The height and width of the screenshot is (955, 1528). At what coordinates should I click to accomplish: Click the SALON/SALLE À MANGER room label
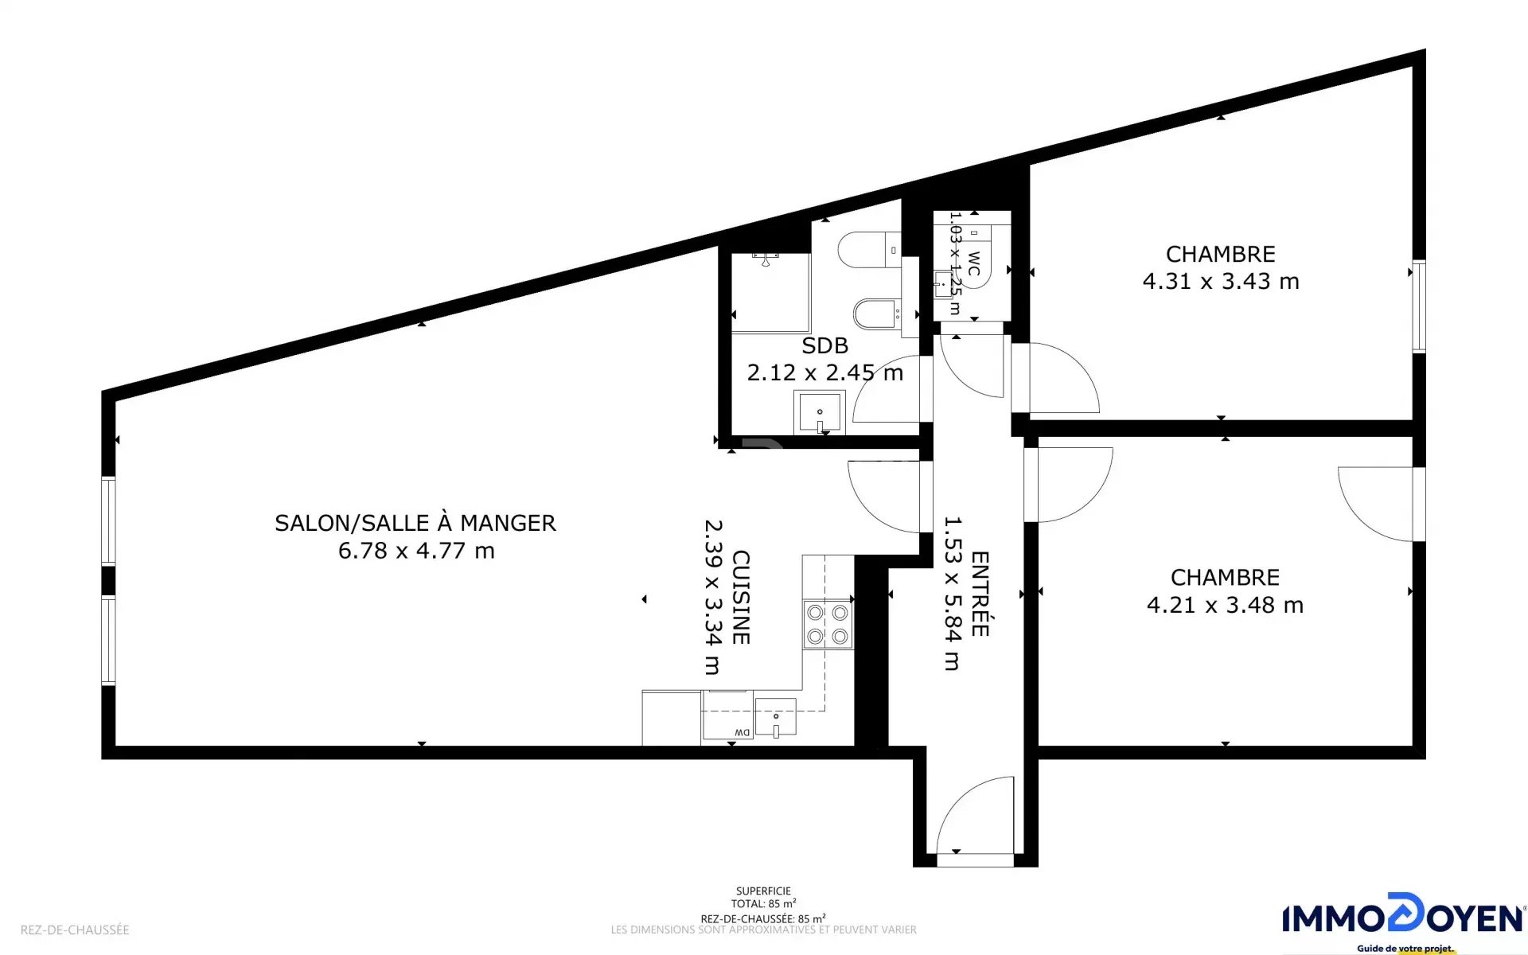point(415,523)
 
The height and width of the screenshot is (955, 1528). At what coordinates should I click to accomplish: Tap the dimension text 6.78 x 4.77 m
point(416,551)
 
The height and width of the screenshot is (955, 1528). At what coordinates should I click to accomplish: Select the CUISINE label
point(741,597)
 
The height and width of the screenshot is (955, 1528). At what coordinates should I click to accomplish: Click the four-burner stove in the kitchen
point(828,624)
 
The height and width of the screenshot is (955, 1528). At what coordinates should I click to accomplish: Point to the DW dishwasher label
point(741,732)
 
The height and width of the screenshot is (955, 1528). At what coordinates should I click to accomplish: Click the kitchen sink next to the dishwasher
point(775,718)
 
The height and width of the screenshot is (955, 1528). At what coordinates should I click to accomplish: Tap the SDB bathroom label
point(824,346)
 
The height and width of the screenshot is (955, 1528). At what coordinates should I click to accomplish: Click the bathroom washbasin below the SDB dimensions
point(819,413)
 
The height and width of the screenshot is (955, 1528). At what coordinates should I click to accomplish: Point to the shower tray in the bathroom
point(770,292)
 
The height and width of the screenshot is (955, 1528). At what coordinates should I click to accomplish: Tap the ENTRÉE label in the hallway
point(980,594)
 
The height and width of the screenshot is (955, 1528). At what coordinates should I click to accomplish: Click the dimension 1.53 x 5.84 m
point(953,594)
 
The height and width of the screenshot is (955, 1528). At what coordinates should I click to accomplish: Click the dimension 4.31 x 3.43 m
point(1221,282)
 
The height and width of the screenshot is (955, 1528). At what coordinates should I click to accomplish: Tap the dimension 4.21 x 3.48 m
point(1225,606)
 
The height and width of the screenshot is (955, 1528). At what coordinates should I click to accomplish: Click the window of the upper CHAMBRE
point(1418,306)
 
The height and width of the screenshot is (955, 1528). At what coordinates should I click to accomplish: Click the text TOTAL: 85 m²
point(763,904)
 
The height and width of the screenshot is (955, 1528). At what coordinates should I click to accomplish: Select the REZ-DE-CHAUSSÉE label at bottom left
point(75,930)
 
